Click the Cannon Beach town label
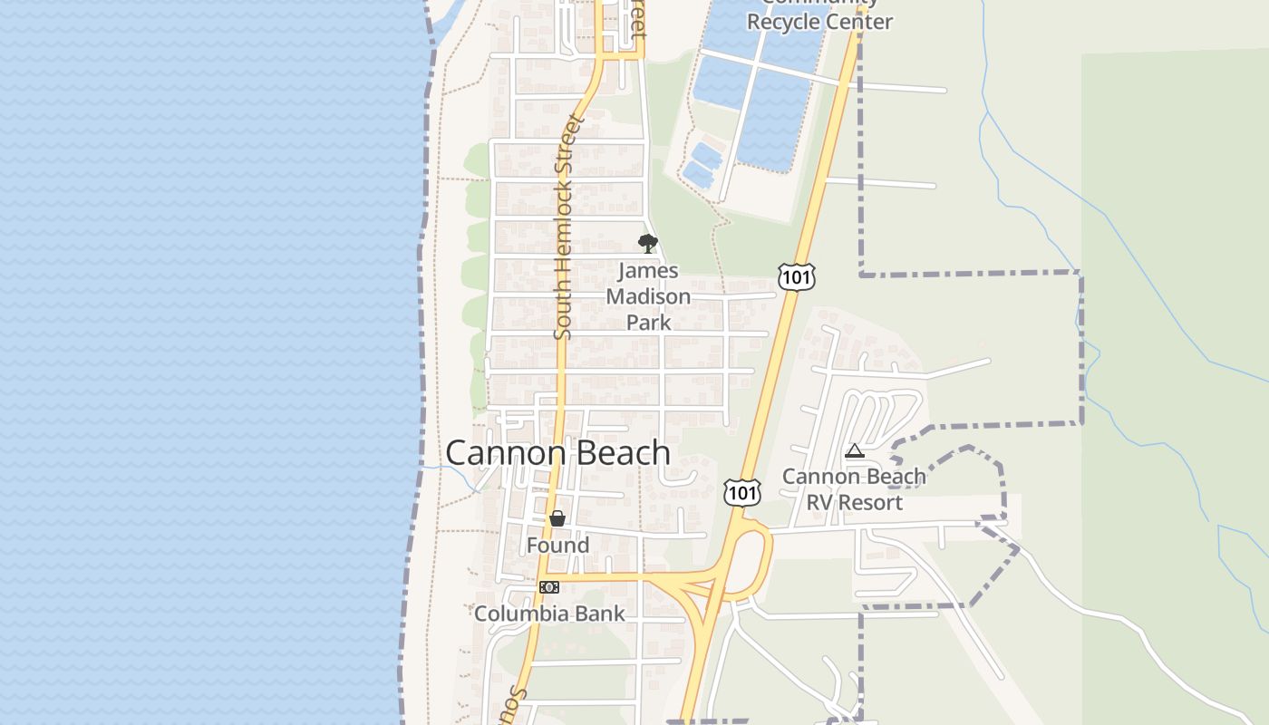point(557,453)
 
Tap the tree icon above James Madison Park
point(647,243)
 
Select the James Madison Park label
point(648,296)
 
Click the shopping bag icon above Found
point(557,518)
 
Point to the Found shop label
point(557,546)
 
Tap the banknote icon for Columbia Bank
point(549,587)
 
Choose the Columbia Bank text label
point(549,614)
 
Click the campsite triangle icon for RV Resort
point(854,450)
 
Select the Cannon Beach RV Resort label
point(854,489)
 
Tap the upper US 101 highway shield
point(796,277)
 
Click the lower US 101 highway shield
point(741,492)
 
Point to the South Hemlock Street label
point(565,227)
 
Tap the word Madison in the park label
point(648,296)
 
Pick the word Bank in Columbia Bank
point(597,614)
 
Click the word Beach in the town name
point(616,453)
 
